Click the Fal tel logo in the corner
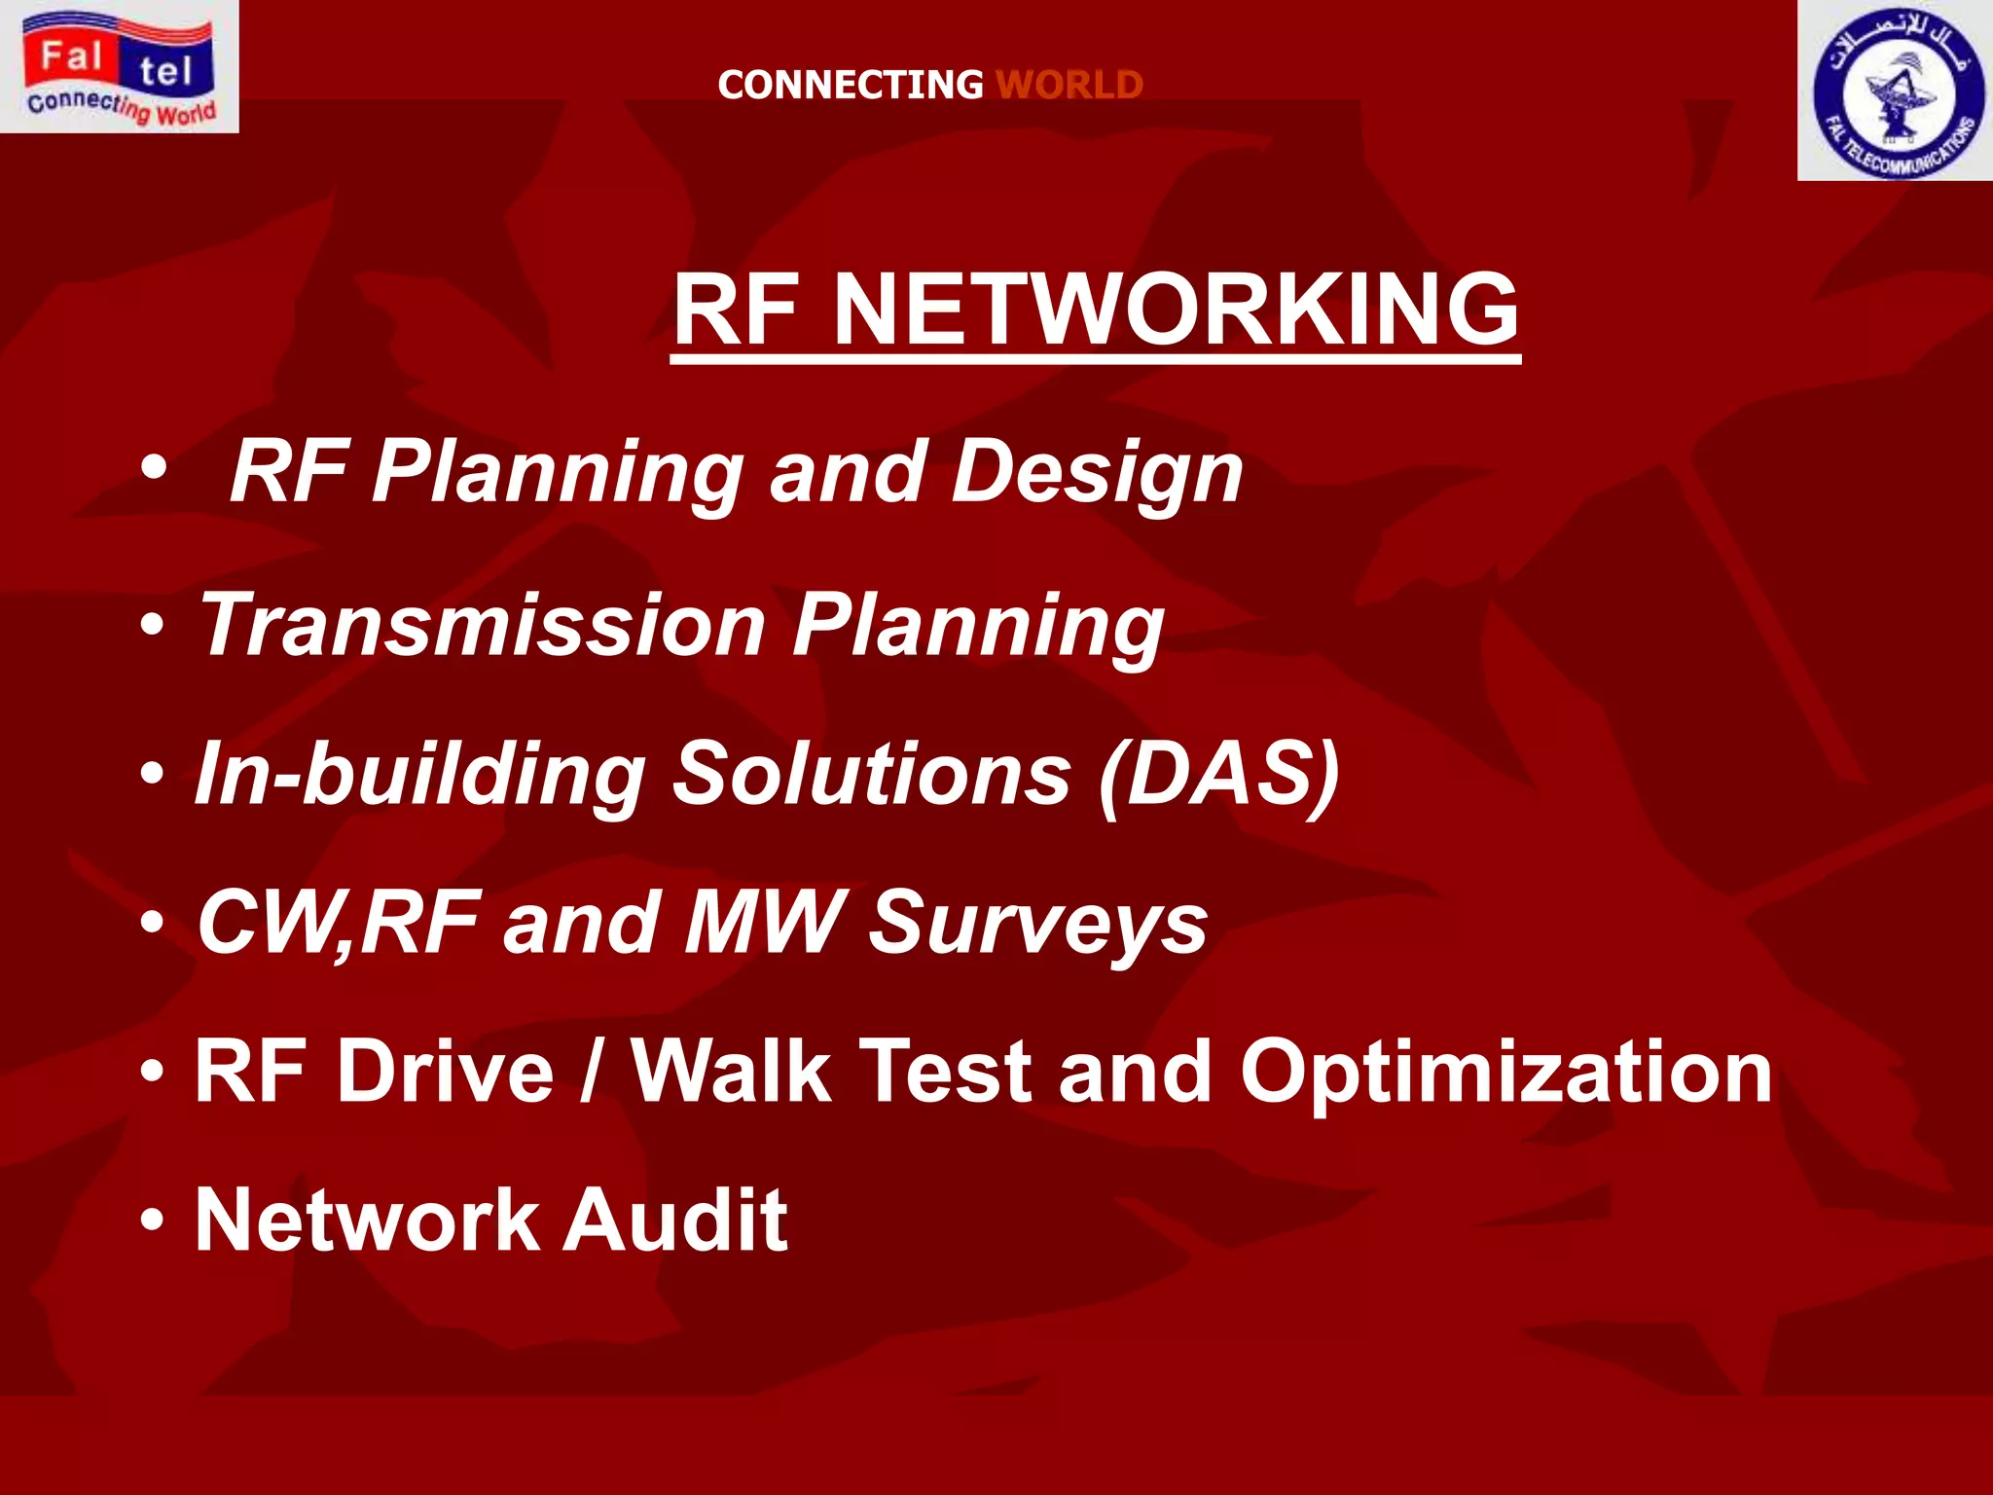point(119,66)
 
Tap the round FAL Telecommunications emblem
point(1895,91)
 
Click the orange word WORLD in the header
point(1069,85)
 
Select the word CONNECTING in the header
point(851,85)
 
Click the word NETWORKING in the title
point(1177,309)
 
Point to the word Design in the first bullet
point(1098,473)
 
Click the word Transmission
point(482,625)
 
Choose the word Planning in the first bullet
point(558,473)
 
